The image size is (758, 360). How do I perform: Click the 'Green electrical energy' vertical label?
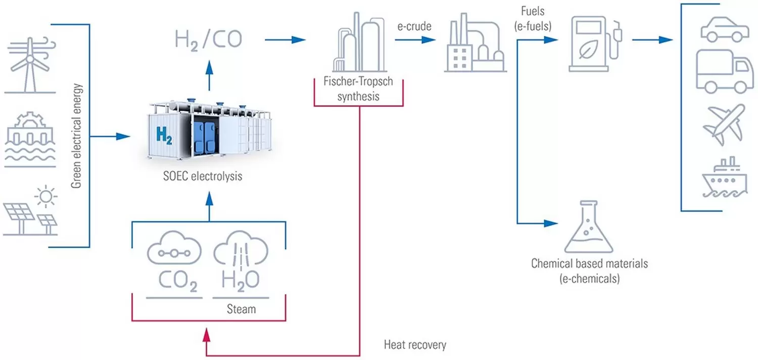tap(76, 136)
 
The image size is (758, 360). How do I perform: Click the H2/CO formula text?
tap(208, 40)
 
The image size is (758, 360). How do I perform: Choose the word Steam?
tap(241, 308)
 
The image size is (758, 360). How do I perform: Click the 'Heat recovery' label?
tap(415, 345)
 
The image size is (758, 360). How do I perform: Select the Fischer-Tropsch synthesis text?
tap(359, 89)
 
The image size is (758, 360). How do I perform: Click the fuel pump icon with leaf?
tap(595, 43)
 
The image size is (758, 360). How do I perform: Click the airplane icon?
tap(724, 124)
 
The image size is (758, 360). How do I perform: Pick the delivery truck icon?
tap(724, 71)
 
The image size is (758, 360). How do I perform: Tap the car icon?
tap(724, 28)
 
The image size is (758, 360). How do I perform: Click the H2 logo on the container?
tap(164, 134)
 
